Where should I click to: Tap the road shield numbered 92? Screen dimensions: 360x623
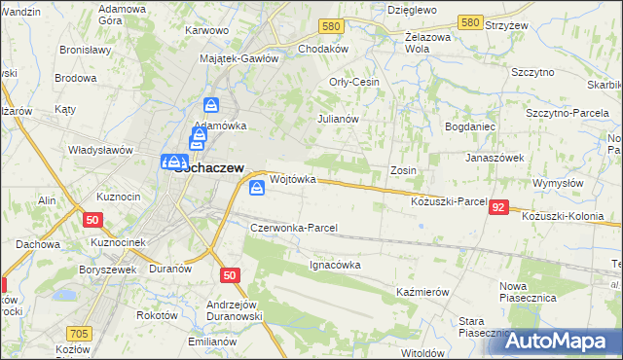498,207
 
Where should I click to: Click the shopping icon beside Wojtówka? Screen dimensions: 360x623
256,188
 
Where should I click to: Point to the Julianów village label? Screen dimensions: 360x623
339,119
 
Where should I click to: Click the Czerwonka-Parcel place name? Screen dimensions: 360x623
294,228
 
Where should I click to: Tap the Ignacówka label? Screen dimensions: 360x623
335,264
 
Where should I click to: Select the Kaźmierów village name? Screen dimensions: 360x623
421,292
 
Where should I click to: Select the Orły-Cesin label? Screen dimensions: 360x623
354,83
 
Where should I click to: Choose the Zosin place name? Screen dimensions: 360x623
403,170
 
